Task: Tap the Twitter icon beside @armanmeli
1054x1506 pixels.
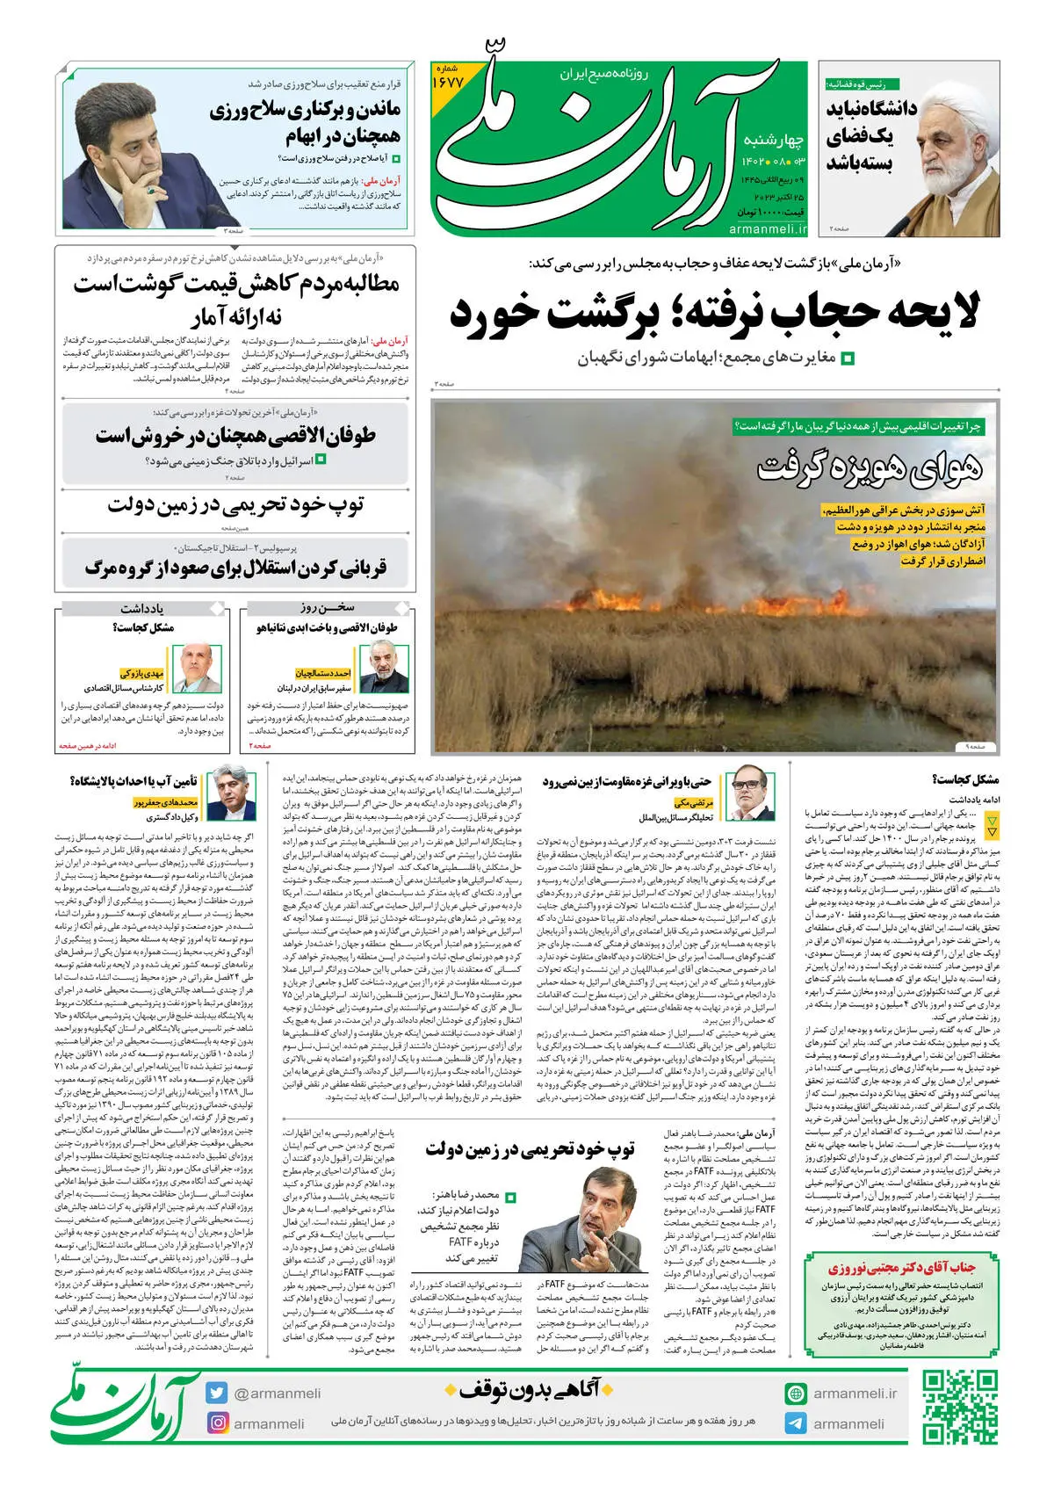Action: (217, 1393)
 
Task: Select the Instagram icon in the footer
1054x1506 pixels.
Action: (217, 1423)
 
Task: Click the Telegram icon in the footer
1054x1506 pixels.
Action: (796, 1423)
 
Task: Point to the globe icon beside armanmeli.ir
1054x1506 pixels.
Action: (796, 1394)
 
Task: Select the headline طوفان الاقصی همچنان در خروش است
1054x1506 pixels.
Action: (235, 437)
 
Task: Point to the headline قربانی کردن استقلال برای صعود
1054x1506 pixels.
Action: (235, 568)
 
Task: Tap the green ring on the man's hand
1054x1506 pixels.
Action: (150, 189)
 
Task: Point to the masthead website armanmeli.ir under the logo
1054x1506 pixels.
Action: (768, 228)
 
